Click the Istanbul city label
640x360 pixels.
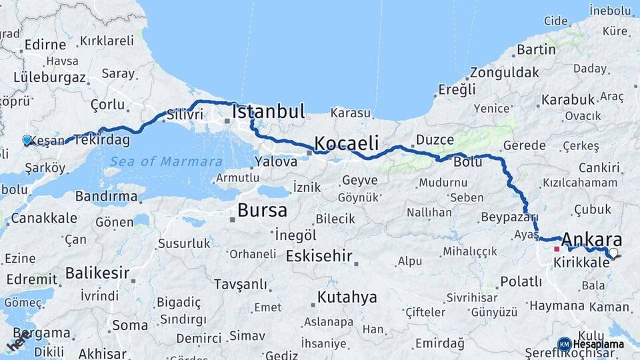[x=268, y=111]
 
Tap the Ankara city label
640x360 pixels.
[x=592, y=240]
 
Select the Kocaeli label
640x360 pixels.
[x=346, y=143]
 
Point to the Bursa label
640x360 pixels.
[x=262, y=211]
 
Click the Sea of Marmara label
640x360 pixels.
[x=166, y=161]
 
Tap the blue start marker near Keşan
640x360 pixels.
[x=27, y=140]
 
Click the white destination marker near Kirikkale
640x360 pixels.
[x=613, y=253]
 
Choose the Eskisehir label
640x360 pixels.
[x=319, y=256]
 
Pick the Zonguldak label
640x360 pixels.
[x=504, y=73]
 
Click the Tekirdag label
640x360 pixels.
[x=102, y=140]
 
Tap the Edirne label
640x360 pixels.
[x=45, y=45]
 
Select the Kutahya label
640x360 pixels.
[x=347, y=297]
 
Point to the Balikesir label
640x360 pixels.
[x=97, y=273]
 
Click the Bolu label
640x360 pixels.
[x=467, y=161]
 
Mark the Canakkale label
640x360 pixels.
[x=44, y=218]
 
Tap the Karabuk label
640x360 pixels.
[x=567, y=99]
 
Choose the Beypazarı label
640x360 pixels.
[x=508, y=218]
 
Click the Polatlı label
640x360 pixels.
[x=521, y=281]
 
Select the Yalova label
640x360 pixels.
[x=276, y=161]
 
